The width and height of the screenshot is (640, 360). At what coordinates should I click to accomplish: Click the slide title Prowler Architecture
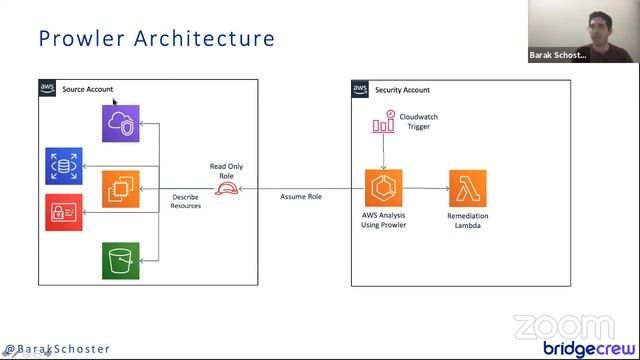(x=156, y=39)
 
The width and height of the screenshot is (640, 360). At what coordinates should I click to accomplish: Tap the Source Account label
(x=87, y=90)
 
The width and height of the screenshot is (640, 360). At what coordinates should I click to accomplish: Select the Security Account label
(x=402, y=90)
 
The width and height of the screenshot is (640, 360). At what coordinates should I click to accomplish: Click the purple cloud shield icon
(x=121, y=123)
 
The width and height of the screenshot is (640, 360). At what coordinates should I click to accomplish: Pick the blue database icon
(x=63, y=166)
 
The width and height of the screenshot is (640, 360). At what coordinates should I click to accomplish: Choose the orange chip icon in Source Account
(x=121, y=188)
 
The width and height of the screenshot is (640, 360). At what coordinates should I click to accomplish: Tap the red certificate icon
(x=63, y=212)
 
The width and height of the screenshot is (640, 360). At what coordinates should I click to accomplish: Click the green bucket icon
(x=121, y=260)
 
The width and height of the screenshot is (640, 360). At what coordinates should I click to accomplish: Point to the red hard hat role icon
(x=226, y=187)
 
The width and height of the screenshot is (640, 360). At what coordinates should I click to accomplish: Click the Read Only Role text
(x=226, y=171)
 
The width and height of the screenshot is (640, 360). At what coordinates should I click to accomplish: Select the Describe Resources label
(x=186, y=201)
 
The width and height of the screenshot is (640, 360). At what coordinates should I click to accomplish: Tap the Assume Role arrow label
(x=300, y=197)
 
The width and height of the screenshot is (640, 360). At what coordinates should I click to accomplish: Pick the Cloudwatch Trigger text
(x=418, y=122)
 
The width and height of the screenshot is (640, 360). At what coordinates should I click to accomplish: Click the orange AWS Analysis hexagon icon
(x=384, y=188)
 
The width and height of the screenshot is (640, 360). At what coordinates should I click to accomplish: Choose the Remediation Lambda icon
(x=467, y=188)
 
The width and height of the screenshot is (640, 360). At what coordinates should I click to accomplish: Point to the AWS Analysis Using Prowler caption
(x=384, y=220)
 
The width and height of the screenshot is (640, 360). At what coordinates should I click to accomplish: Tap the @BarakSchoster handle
(x=57, y=349)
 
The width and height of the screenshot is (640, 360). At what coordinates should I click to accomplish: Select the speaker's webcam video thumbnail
(x=583, y=31)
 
